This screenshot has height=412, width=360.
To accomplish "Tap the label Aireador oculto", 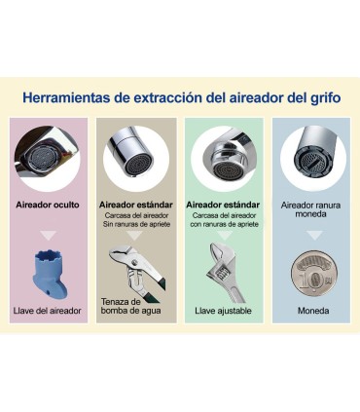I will pyautogui.click(x=48, y=205).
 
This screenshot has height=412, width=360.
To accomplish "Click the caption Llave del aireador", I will pyautogui.click(x=48, y=311).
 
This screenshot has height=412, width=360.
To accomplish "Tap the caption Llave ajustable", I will pyautogui.click(x=223, y=311).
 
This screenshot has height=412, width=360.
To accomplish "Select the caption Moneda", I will pyautogui.click(x=312, y=311).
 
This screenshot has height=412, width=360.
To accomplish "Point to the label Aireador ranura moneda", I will pyautogui.click(x=312, y=209).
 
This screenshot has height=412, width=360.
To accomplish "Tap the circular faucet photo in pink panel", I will pyautogui.click(x=48, y=156).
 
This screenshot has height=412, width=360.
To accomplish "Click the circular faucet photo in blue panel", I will pyautogui.click(x=312, y=156).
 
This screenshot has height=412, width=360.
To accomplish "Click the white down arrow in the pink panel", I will pyautogui.click(x=48, y=236).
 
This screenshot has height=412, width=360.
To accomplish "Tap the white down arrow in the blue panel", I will pyautogui.click(x=312, y=236).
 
